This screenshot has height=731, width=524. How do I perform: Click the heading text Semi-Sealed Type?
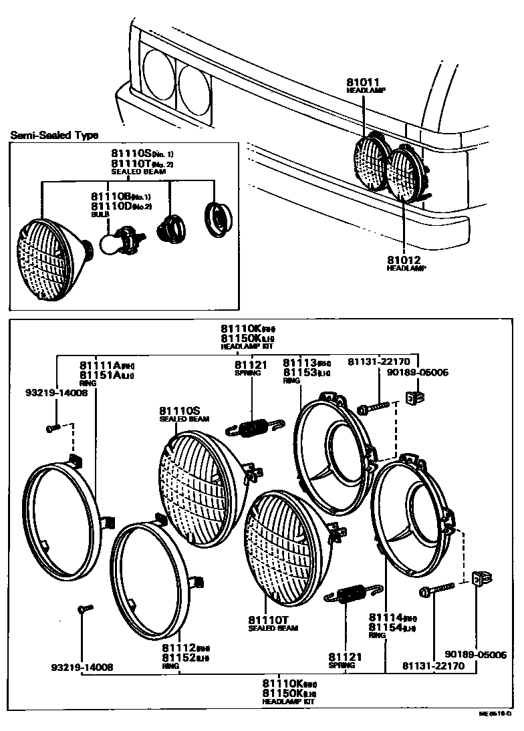click(x=54, y=136)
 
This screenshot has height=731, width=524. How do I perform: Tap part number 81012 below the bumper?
click(x=403, y=259)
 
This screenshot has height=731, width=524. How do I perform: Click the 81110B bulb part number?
click(x=110, y=196)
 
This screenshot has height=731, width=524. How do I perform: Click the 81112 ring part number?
click(x=178, y=647)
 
